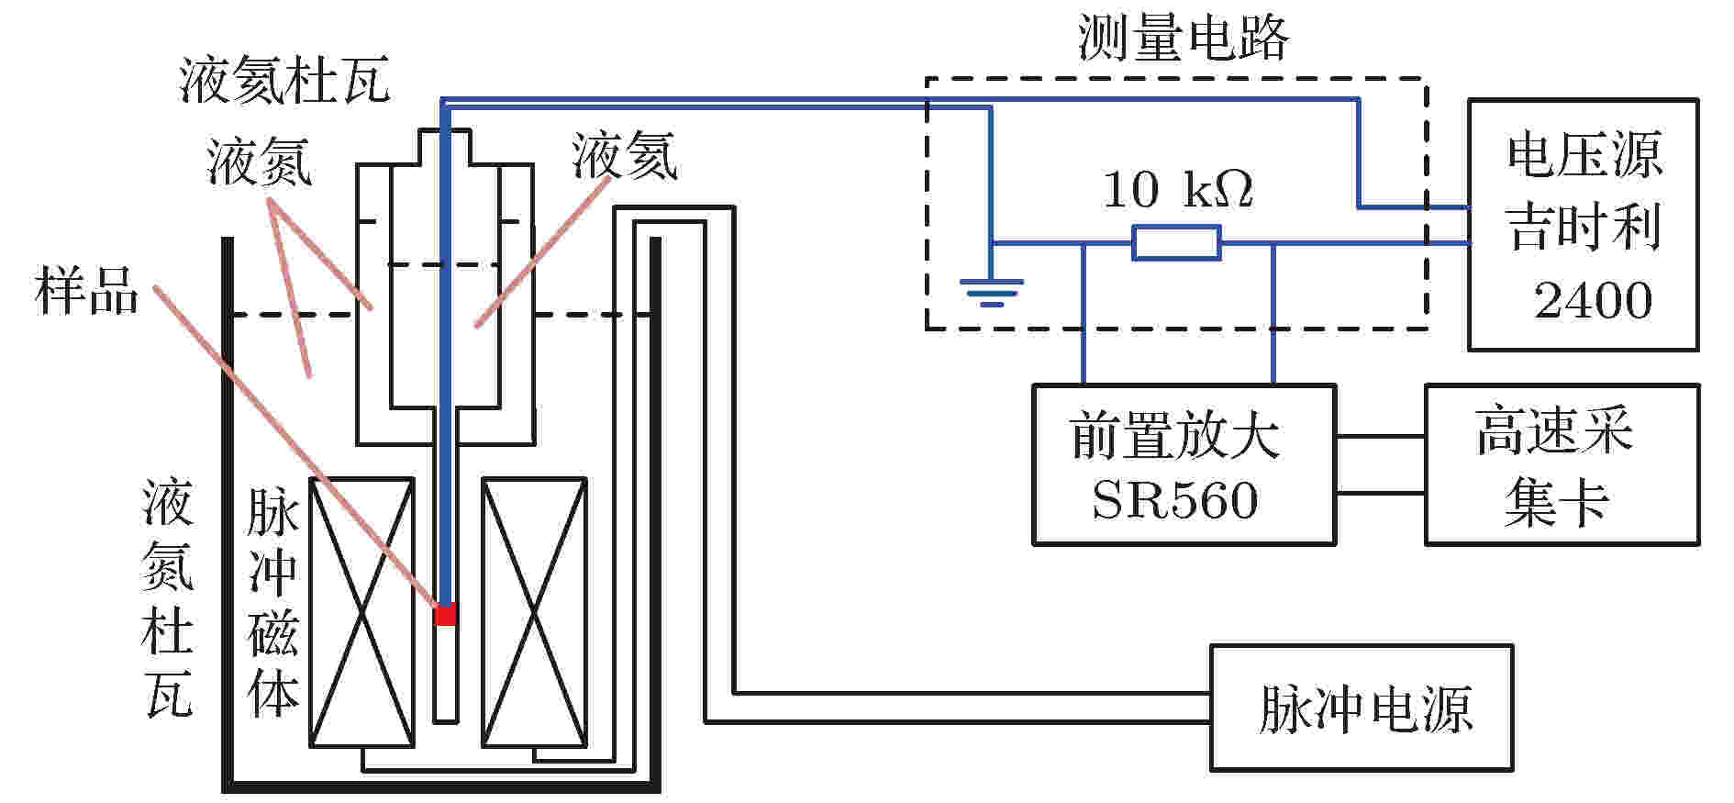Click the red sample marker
[x=445, y=614]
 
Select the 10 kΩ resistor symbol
[x=1176, y=243]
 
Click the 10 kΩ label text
[x=1177, y=189]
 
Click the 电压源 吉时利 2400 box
[x=1583, y=225]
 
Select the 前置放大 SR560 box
[x=1184, y=464]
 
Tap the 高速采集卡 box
[x=1562, y=464]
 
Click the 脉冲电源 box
[x=1362, y=708]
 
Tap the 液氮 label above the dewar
[x=260, y=162]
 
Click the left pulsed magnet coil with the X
[x=361, y=612]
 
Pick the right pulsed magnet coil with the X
[x=535, y=612]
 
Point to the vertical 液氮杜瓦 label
[x=168, y=598]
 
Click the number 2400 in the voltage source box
[x=1593, y=301]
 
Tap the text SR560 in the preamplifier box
[x=1175, y=501]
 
